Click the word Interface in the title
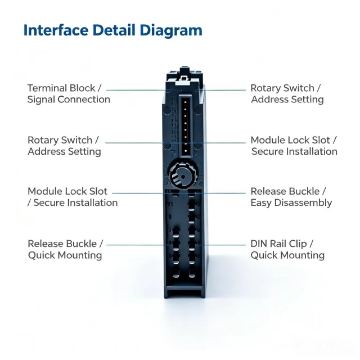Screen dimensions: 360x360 56,30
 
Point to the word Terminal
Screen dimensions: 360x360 47,88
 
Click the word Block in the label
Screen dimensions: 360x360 82,88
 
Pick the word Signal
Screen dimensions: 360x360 40,100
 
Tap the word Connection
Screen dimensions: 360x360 84,100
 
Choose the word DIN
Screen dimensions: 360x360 259,244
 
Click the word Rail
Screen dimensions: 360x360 278,244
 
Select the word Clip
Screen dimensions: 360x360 298,244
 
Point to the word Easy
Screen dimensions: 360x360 261,203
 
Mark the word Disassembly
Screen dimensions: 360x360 303,203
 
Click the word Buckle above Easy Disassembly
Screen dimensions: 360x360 304,191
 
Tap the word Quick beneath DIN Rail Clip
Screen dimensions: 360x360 264,255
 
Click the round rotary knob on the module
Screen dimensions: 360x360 182,175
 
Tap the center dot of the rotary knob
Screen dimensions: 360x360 183,177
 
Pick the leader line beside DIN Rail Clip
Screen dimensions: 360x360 221,245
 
